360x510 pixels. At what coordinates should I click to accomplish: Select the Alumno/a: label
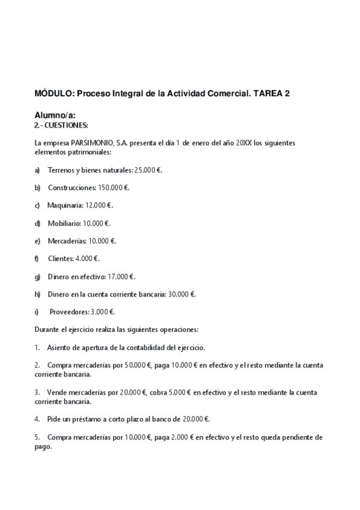[55, 115]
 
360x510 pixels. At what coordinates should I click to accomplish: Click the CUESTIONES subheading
[66, 125]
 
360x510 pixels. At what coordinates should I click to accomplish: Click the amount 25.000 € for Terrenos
[148, 170]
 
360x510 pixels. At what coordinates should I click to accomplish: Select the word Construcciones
[71, 188]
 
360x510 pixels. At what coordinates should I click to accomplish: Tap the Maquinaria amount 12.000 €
[99, 205]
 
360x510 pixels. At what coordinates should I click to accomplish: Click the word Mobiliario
[64, 223]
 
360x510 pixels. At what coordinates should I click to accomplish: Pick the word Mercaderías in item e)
[67, 241]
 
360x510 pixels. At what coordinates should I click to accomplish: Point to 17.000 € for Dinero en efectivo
[121, 277]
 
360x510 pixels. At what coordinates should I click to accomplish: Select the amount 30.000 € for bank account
[182, 294]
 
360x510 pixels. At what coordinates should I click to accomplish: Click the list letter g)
[37, 277]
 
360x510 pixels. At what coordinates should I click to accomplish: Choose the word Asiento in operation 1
[59, 348]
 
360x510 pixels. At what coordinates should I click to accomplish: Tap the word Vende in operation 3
[57, 392]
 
